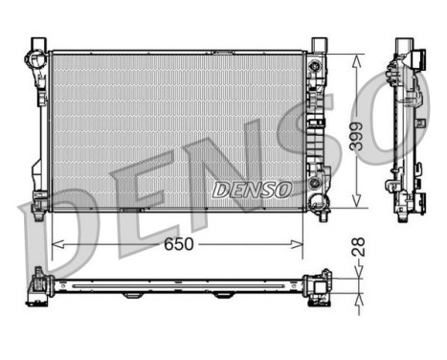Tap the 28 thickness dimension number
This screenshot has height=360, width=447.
[357, 247]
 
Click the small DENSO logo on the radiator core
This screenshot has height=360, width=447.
[252, 189]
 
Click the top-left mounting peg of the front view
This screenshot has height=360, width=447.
[36, 44]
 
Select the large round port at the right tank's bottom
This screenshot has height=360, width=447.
[315, 185]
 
